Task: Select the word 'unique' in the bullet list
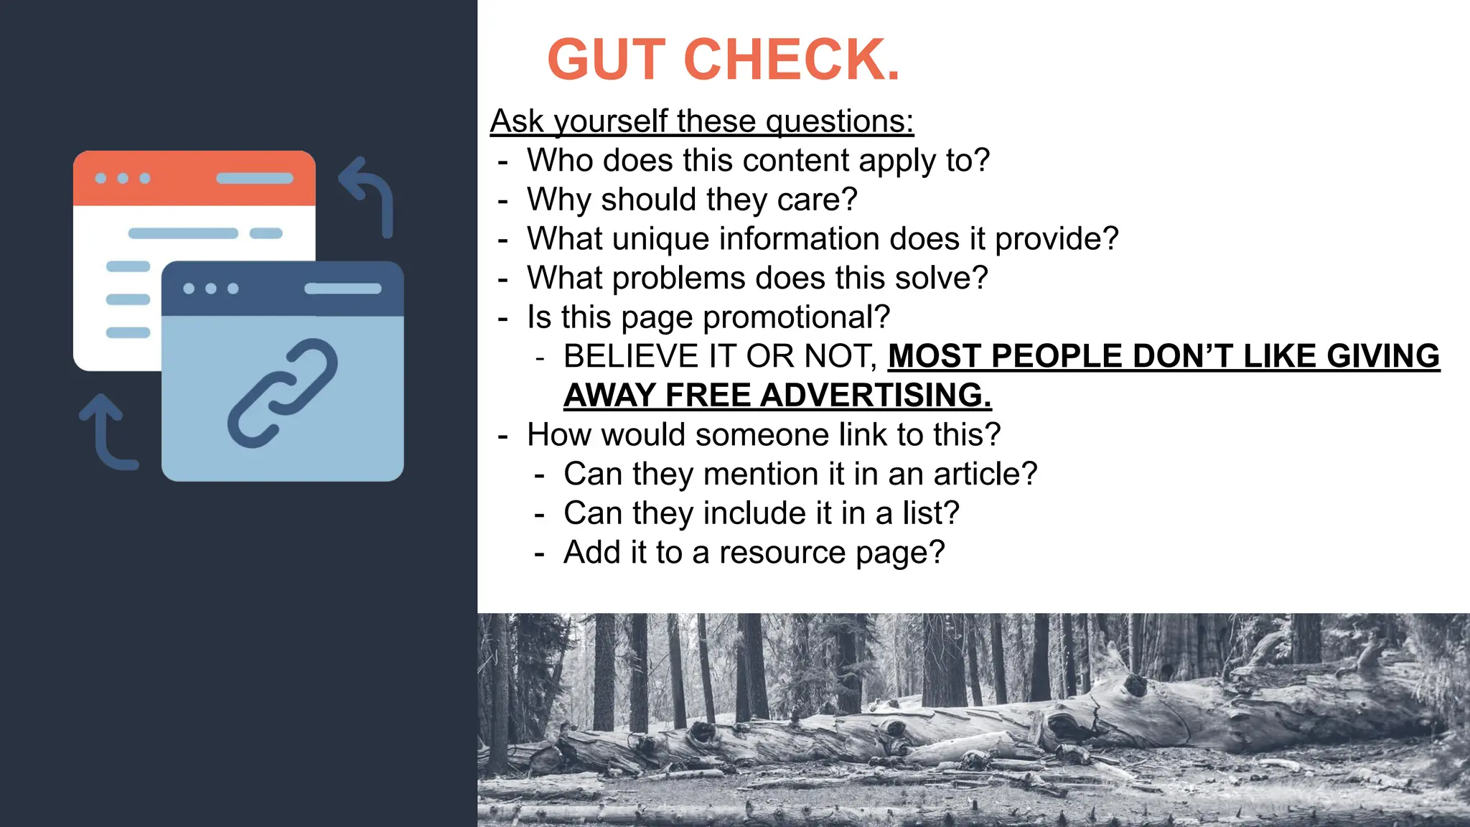pyautogui.click(x=660, y=239)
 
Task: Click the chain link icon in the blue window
pyautogui.click(x=282, y=393)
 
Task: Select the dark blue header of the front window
pyautogui.click(x=282, y=289)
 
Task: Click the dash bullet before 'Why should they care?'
pyautogui.click(x=502, y=200)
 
